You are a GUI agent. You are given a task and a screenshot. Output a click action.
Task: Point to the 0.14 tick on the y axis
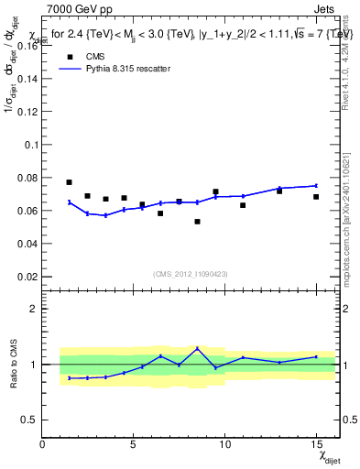pos(27,79)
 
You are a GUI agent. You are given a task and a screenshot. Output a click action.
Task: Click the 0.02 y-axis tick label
pos(27,277)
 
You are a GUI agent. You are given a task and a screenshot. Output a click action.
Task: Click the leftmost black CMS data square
pos(69,182)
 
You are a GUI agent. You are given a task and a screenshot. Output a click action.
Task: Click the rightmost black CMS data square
pos(316,197)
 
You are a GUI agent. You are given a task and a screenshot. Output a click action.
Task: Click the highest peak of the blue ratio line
pos(197,348)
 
